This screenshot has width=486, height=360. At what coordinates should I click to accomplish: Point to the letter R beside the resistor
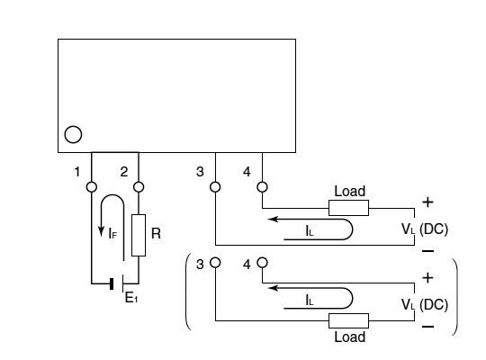pyautogui.click(x=156, y=233)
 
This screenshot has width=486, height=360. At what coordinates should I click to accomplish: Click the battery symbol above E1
pyautogui.click(x=117, y=283)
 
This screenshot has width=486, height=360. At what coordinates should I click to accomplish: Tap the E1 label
pyautogui.click(x=131, y=298)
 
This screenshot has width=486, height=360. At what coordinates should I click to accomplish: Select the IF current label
pyautogui.click(x=112, y=233)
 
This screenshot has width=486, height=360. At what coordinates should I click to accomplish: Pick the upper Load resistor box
pyautogui.click(x=348, y=208)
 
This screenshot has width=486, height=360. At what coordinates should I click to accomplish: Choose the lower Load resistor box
pyautogui.click(x=348, y=320)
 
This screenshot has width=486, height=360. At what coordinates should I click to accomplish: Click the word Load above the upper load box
pyautogui.click(x=349, y=191)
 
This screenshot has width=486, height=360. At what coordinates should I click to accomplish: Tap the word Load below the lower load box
pyautogui.click(x=349, y=337)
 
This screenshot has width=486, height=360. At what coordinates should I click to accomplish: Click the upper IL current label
pyautogui.click(x=310, y=230)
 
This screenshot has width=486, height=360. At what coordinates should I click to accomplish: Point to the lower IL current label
pyautogui.click(x=310, y=301)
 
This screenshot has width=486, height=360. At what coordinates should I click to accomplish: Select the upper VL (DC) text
pyautogui.click(x=425, y=229)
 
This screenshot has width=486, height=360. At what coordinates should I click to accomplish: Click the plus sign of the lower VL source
pyautogui.click(x=427, y=277)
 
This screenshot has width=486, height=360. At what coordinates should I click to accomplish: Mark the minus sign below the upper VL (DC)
pyautogui.click(x=428, y=251)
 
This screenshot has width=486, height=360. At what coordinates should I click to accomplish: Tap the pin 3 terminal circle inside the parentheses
pyautogui.click(x=215, y=262)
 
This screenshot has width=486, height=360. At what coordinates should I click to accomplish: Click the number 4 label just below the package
pyautogui.click(x=247, y=172)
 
